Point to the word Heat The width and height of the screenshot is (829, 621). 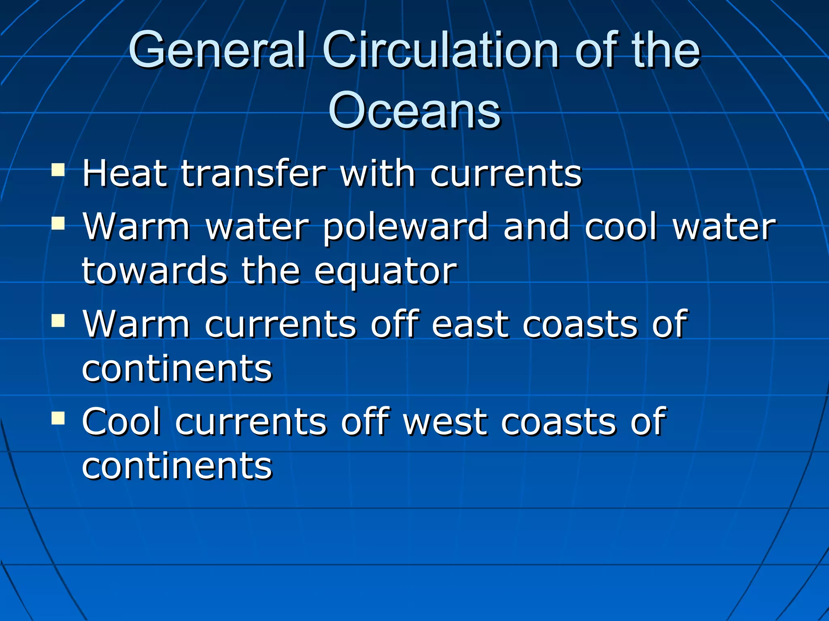[125, 173]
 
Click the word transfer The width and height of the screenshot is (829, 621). [253, 173]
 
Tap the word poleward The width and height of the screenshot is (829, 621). [406, 228]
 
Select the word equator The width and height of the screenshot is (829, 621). [386, 271]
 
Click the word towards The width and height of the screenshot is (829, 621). [155, 271]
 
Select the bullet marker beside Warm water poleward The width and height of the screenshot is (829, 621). [58, 223]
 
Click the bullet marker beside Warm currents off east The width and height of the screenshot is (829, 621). [58, 321]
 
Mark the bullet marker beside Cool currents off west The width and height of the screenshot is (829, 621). [58, 418]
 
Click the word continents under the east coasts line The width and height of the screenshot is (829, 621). [177, 368]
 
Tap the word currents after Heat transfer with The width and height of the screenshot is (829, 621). [506, 174]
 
